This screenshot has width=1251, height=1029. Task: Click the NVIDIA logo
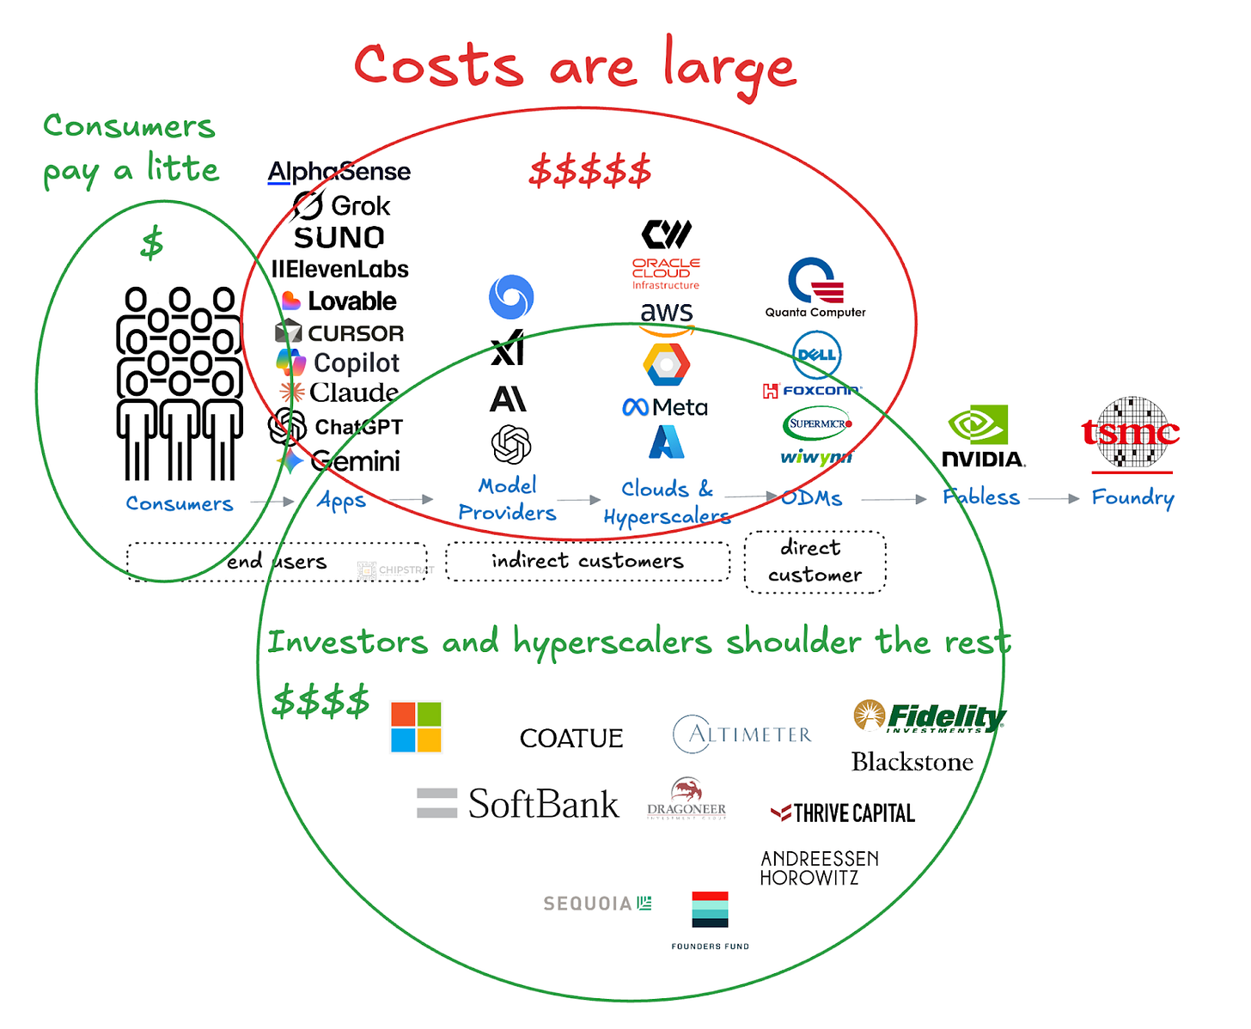point(983,436)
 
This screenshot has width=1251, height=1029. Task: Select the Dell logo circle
point(816,355)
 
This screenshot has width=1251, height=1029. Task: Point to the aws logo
point(667,317)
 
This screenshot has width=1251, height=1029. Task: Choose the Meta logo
point(665,407)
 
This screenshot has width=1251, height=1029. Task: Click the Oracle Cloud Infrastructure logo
point(666,273)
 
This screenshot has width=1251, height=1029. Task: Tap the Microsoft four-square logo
point(416,727)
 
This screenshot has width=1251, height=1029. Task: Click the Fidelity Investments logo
point(930,716)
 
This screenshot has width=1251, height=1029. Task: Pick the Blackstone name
point(912,762)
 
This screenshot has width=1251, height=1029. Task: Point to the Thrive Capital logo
point(843,813)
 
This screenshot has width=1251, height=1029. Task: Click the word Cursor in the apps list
point(355,333)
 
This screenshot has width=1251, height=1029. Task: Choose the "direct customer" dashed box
point(815,562)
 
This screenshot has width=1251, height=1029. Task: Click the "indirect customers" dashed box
point(588,562)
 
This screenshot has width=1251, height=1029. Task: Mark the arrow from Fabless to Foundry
point(1054,498)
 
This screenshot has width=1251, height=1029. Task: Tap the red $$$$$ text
point(590,171)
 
